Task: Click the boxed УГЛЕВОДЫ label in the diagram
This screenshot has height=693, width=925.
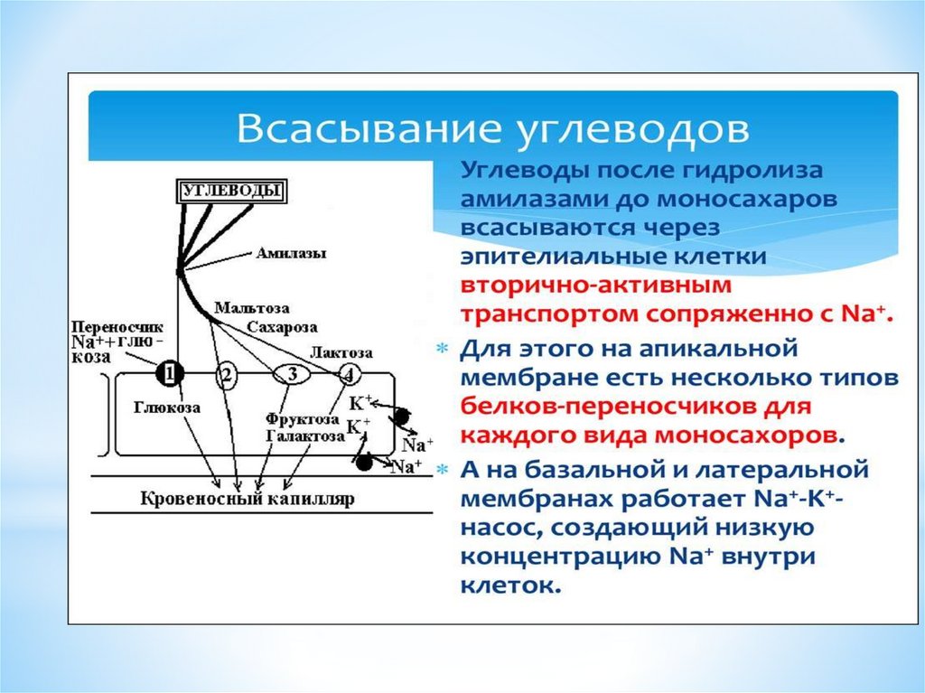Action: (x=229, y=191)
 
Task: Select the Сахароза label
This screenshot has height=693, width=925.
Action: (x=282, y=325)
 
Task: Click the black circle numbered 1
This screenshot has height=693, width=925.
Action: (x=170, y=372)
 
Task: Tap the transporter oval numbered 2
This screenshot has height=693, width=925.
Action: (x=228, y=373)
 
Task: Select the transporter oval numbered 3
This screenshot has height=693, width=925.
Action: (x=291, y=373)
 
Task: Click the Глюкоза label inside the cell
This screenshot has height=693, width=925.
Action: (x=167, y=407)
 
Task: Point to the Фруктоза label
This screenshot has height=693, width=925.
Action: (x=302, y=419)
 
